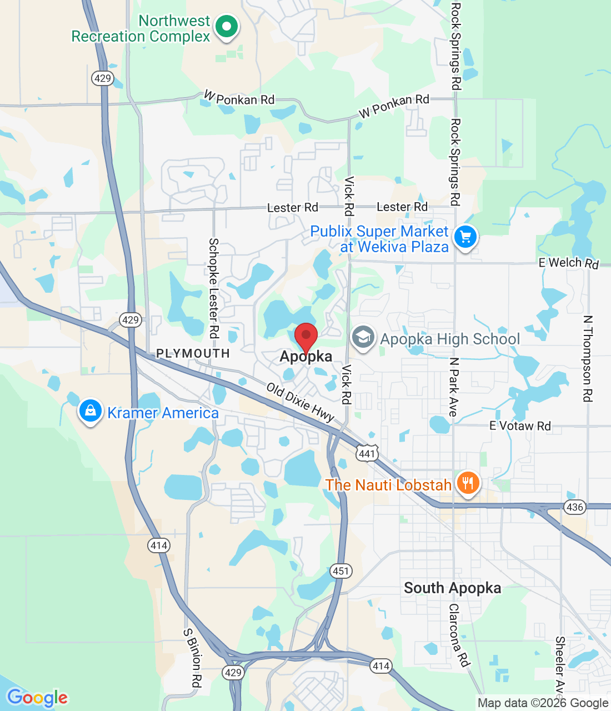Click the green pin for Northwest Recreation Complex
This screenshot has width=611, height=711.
point(226,27)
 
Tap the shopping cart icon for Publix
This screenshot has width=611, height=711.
point(465,238)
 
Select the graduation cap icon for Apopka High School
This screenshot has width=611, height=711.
point(363,338)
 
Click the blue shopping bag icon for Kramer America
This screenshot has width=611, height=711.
point(90,411)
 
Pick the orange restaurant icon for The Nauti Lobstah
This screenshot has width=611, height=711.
point(468,483)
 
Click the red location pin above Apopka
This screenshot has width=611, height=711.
point(305,337)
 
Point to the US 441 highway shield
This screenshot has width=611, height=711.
point(367,453)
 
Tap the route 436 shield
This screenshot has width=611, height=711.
point(574,507)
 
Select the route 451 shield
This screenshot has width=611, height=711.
point(340,570)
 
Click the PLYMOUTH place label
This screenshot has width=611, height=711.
point(193,353)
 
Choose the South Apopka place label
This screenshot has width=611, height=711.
point(452,588)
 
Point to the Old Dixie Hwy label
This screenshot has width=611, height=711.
point(300,402)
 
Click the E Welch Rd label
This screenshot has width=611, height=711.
point(568,263)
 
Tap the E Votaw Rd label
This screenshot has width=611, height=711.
point(520,426)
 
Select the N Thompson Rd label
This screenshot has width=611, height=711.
point(588,359)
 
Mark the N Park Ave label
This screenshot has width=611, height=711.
point(454,387)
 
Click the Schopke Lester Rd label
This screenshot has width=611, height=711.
point(213,288)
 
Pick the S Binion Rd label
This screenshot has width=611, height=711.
point(192,658)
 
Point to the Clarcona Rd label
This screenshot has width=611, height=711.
point(459,635)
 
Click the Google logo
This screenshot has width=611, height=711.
point(37,698)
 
